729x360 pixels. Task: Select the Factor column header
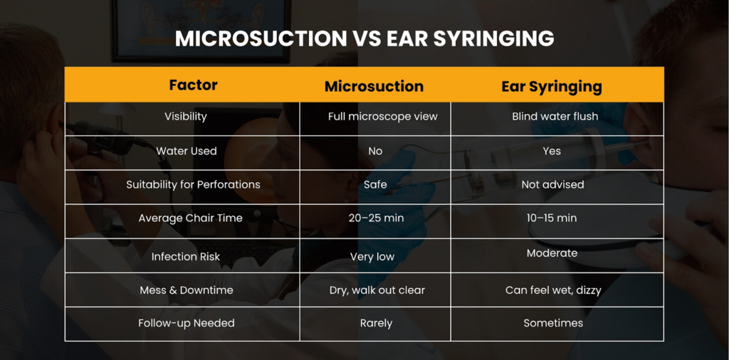(193, 85)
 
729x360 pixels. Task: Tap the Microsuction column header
(374, 87)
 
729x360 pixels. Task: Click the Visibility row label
(186, 116)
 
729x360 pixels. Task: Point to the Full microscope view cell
(382, 116)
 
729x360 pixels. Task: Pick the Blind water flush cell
(555, 116)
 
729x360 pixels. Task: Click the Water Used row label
(187, 151)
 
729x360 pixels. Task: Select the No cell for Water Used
(375, 151)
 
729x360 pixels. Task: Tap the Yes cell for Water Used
(552, 151)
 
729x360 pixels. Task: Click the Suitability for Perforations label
(193, 184)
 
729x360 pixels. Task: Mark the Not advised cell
(552, 184)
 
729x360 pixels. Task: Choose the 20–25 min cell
(376, 218)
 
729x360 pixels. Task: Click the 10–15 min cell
(552, 218)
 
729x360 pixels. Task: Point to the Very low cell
(372, 256)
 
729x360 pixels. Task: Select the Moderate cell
(552, 253)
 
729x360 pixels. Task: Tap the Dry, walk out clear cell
(377, 290)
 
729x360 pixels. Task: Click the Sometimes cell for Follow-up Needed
(553, 323)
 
